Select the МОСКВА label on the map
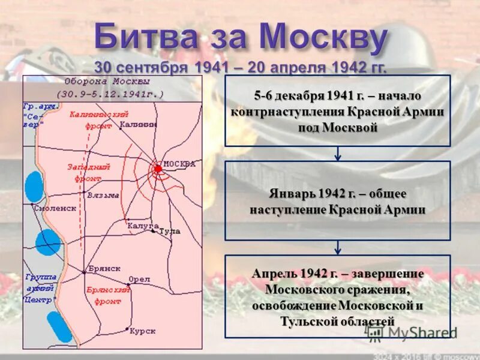179,164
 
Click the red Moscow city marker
158,169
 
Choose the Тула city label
170,231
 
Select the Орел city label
139,280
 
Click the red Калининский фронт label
91,120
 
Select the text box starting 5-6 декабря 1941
337,111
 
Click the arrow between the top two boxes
338,154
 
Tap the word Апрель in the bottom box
272,274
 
